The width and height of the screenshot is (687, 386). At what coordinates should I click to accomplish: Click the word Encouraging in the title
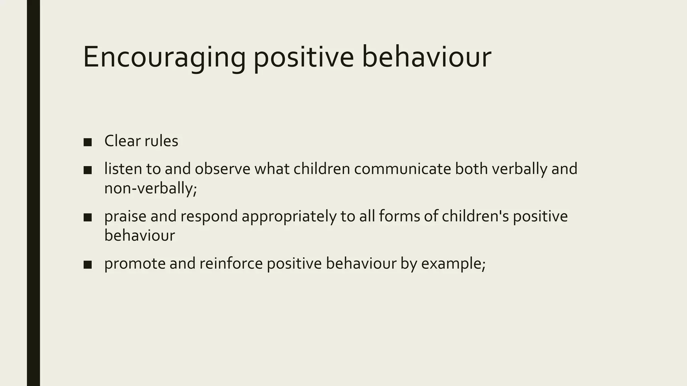164,58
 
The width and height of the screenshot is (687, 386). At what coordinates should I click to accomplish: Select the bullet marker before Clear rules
88,142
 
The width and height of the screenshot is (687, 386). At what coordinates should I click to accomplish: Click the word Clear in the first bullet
122,141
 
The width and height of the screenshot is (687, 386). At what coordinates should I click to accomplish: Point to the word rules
161,141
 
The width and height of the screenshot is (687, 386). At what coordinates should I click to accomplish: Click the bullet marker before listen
88,170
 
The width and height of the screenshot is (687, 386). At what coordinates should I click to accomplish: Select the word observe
222,169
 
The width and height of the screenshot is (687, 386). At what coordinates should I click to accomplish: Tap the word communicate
402,169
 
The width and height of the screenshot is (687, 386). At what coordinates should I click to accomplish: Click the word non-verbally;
150,188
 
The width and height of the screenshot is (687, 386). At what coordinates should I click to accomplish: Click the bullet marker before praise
88,217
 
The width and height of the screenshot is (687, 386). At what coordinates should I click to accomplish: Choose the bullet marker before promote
88,265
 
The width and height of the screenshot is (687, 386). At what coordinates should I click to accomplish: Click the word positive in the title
303,58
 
